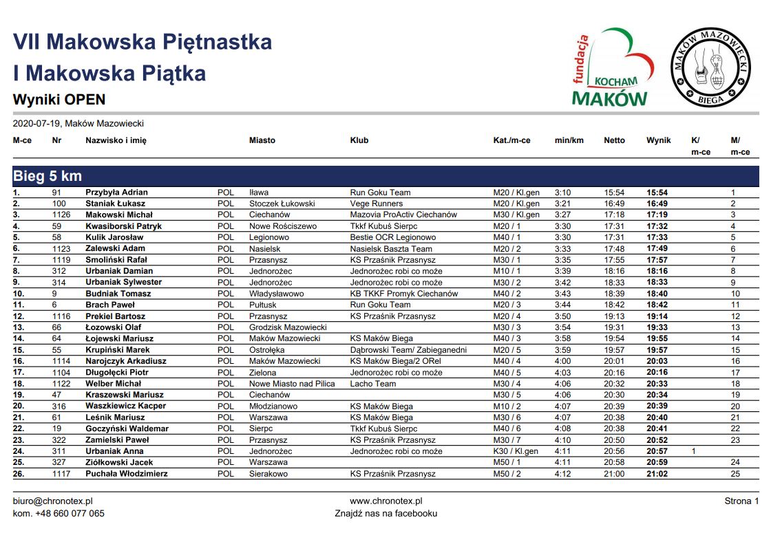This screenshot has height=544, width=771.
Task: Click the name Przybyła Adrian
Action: (x=116, y=193)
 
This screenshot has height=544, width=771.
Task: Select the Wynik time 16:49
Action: (x=657, y=204)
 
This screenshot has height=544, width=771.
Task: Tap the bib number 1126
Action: (x=63, y=215)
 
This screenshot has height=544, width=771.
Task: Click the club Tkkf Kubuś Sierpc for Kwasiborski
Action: (x=383, y=226)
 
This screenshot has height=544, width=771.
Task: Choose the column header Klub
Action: (x=359, y=140)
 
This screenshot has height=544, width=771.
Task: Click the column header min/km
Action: (x=569, y=140)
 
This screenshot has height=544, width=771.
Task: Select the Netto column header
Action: (x=614, y=140)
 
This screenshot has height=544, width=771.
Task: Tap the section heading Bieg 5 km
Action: (x=47, y=177)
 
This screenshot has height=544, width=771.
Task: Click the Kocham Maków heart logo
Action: (x=611, y=69)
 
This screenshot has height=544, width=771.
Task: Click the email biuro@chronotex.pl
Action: (x=53, y=501)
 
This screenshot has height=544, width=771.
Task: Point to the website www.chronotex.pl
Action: (x=385, y=501)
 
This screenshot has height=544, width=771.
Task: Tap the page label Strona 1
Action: (x=741, y=501)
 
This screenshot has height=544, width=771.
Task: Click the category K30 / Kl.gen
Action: (x=516, y=451)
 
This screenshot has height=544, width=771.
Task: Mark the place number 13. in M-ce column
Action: (x=19, y=327)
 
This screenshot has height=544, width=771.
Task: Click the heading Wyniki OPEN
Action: (x=59, y=100)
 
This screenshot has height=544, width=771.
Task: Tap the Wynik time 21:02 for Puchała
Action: (x=657, y=474)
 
